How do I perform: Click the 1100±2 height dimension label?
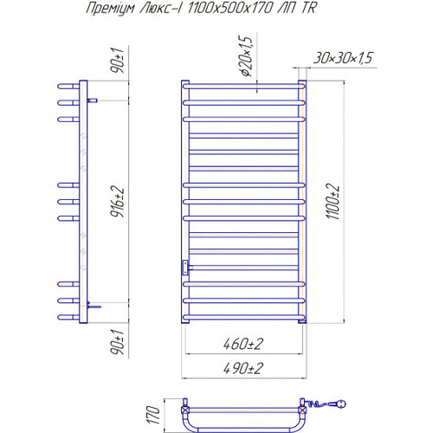[x=333, y=201]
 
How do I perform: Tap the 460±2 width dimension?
[x=243, y=344]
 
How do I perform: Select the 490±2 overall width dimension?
[x=243, y=368]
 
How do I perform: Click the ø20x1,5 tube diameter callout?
[x=245, y=56]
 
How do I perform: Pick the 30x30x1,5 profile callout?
[x=343, y=58]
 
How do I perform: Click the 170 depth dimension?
[x=153, y=415]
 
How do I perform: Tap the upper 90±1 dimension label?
[x=118, y=61]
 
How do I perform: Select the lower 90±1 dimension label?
[x=118, y=342]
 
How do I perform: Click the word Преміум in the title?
[x=111, y=9]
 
